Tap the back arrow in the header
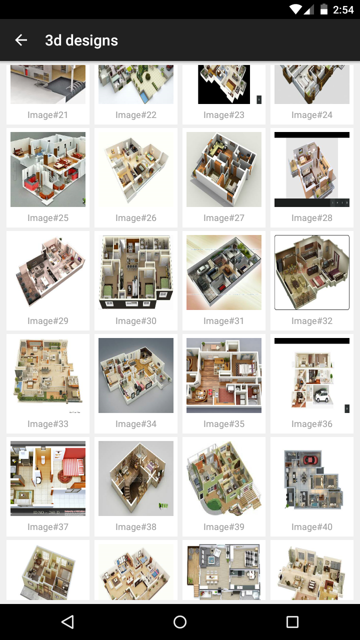coord(21,40)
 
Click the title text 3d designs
coord(81,40)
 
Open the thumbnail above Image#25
coord(48,169)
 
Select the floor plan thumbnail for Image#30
coord(136,272)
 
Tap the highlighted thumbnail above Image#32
coord(312,272)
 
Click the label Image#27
coord(224,218)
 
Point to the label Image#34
coord(136,424)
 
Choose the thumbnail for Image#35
coord(224,375)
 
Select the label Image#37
coord(48,527)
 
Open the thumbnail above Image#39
coord(224,478)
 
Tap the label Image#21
coord(48,115)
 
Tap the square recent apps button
coord(292,621)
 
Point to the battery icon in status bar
coord(324,9)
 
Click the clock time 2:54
coord(343,9)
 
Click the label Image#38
coord(136,527)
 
